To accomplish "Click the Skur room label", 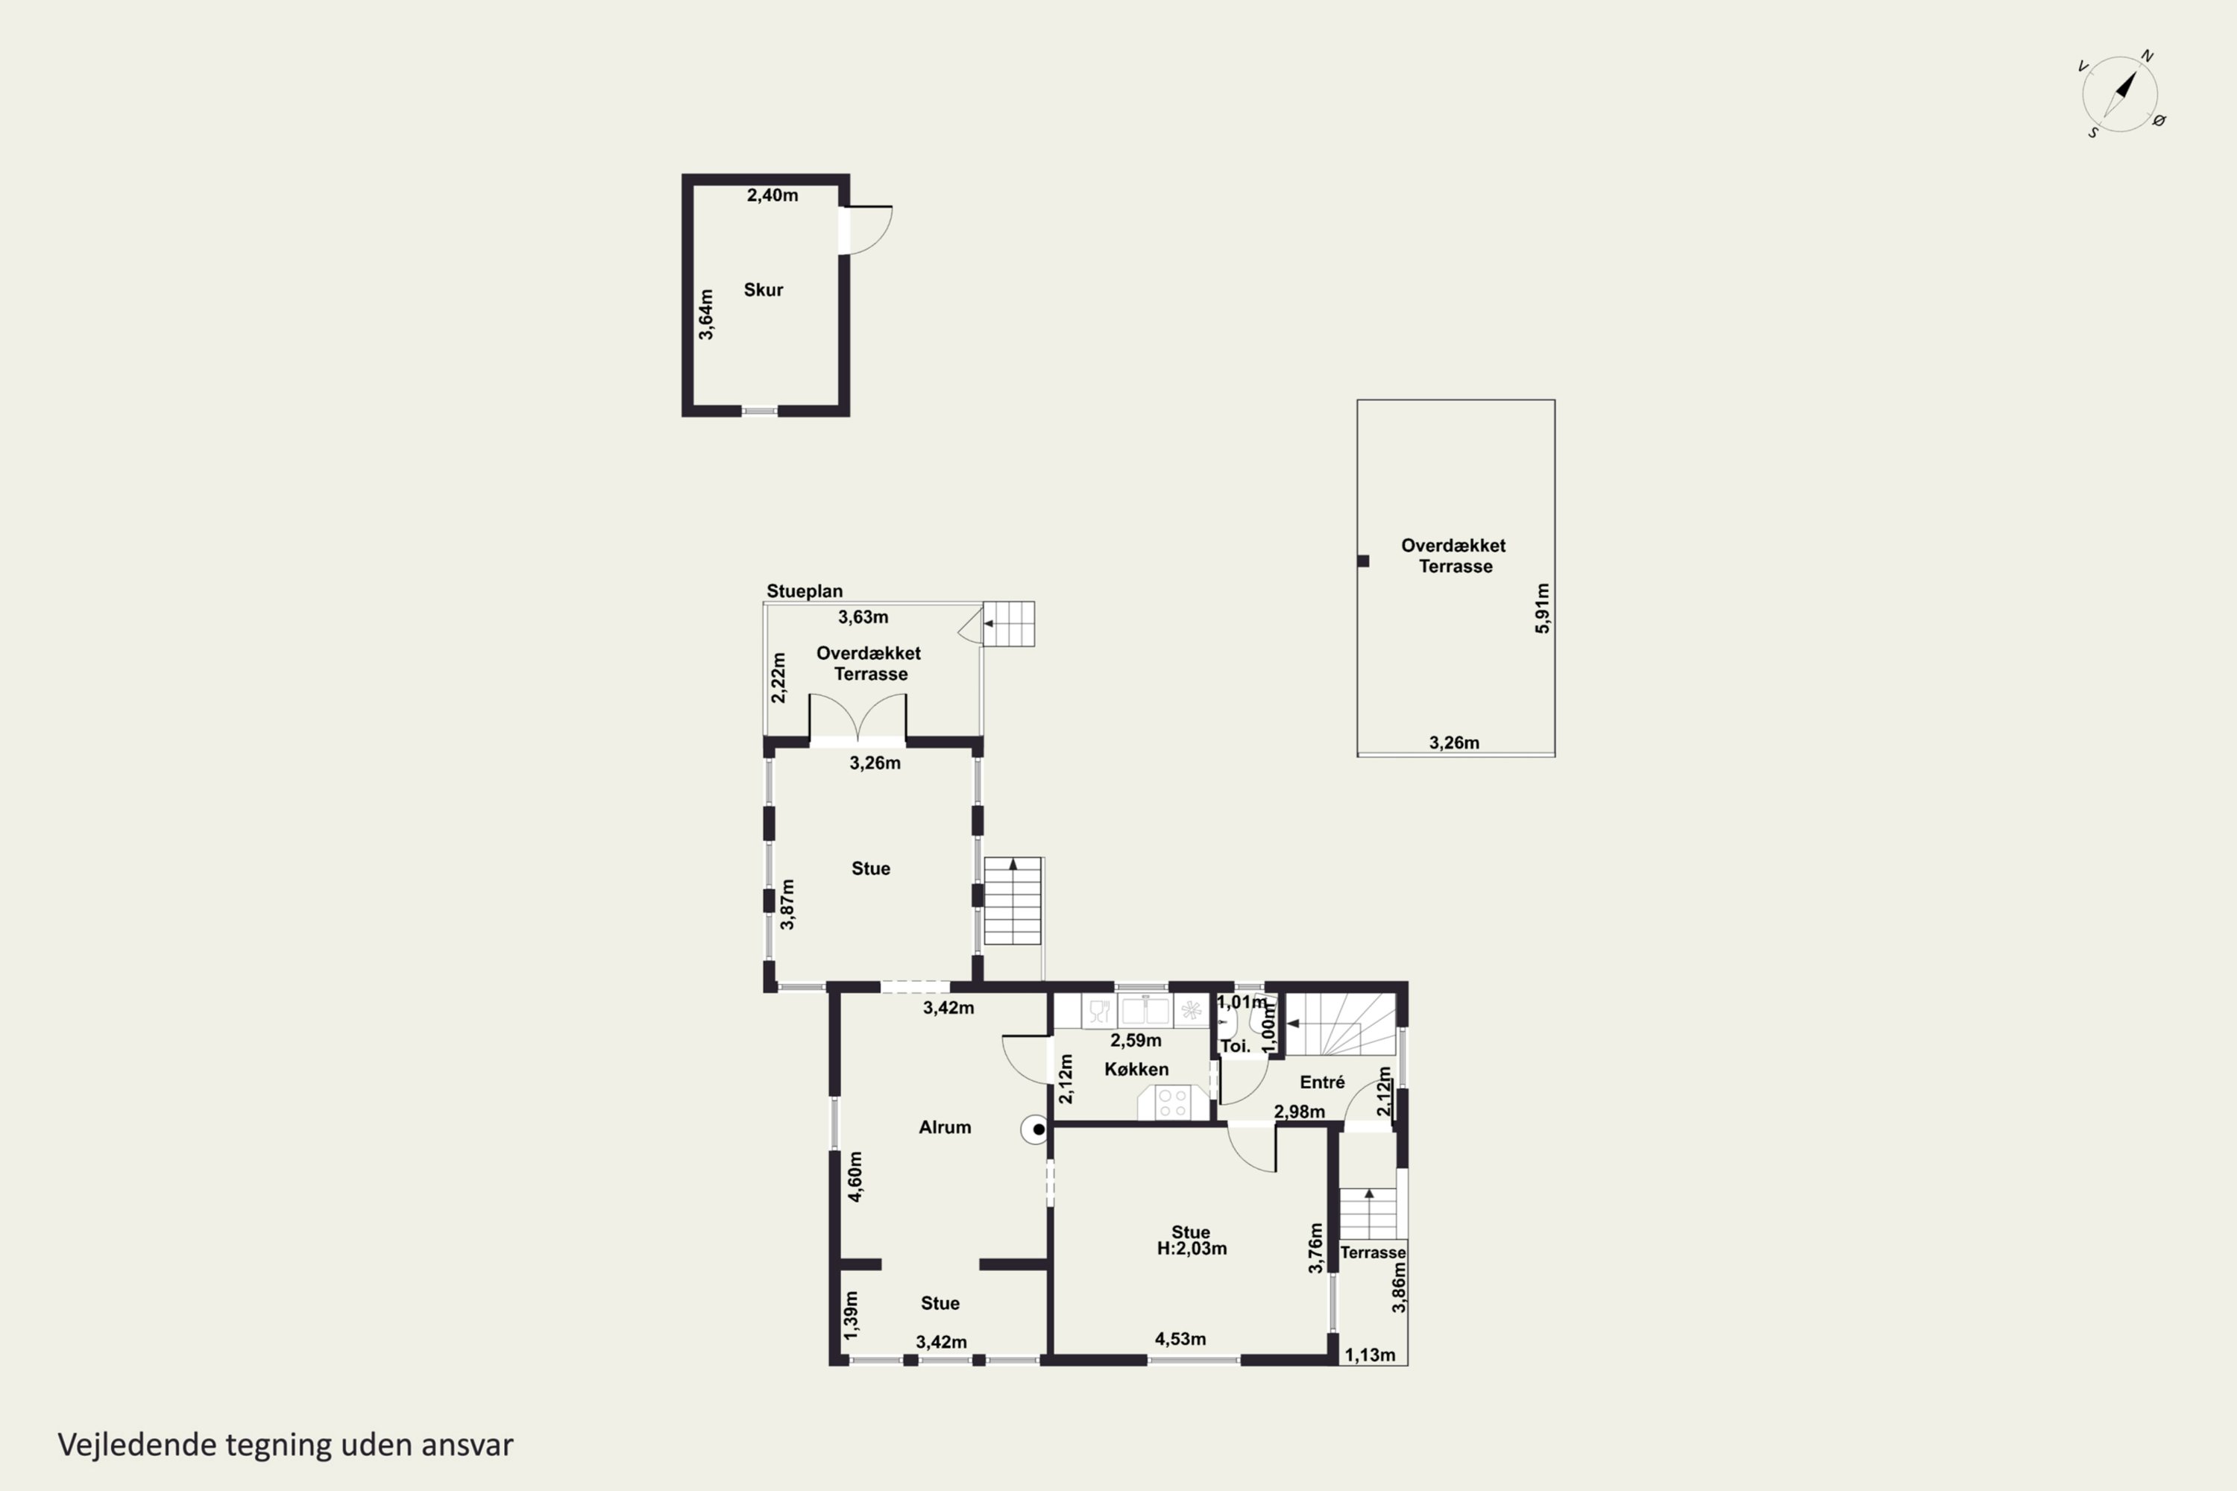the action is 763,290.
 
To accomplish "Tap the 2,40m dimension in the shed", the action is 773,195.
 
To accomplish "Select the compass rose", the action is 2120,94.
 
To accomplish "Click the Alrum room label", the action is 945,1126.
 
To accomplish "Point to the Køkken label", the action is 1136,1069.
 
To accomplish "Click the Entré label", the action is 1322,1082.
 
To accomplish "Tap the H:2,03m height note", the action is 1192,1249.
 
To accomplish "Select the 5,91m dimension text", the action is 1542,608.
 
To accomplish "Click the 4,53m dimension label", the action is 1180,1339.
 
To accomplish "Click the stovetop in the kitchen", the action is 1173,1103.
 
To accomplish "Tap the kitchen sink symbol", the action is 1145,1010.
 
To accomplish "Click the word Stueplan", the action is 805,590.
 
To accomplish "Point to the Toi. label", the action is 1236,1046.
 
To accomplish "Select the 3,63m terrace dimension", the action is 863,617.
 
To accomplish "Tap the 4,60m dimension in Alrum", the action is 855,1177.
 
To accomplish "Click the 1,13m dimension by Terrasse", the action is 1370,1355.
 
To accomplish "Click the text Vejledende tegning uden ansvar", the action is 286,1445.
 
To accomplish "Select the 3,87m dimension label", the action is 787,904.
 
